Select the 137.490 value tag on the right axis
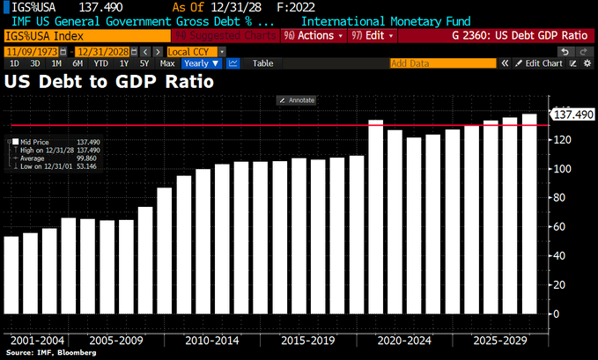(x=571, y=114)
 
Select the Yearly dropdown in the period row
(x=202, y=63)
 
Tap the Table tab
(x=262, y=63)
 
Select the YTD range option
(x=100, y=63)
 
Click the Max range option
(x=167, y=63)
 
